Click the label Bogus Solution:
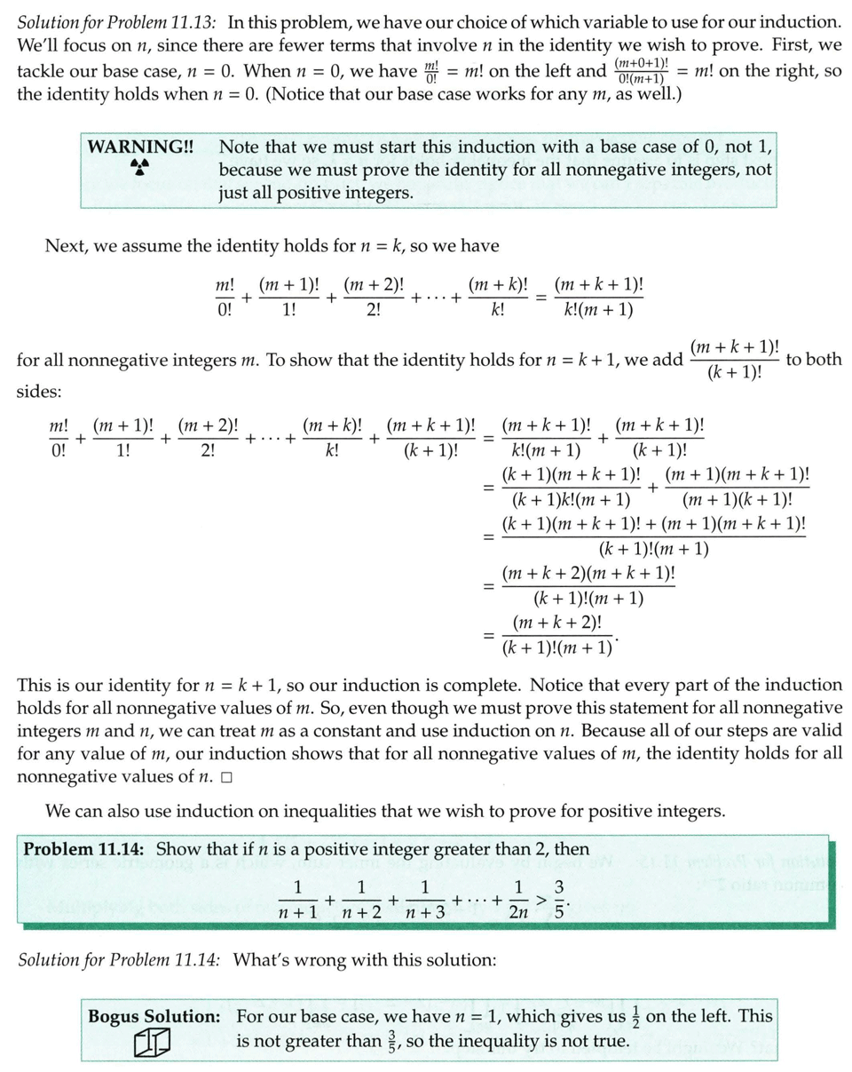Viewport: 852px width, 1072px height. [154, 1015]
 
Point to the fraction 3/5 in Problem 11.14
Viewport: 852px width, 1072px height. [559, 898]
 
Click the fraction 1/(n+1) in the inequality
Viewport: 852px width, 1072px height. [298, 898]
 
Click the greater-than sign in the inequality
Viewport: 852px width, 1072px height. [538, 898]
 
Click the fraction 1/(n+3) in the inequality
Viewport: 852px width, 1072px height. [425, 898]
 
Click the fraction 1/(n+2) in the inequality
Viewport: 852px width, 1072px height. [361, 898]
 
